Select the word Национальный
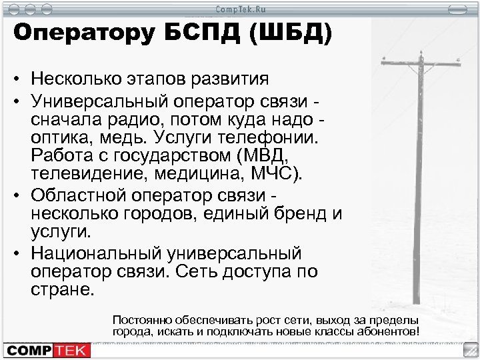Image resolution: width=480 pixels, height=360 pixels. [99, 254]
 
